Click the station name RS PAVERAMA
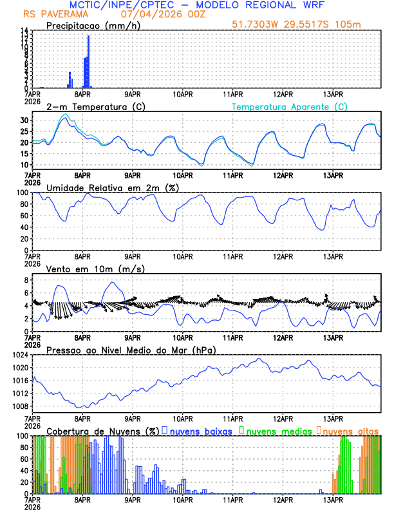[x=50, y=14]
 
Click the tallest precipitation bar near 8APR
[x=88, y=61]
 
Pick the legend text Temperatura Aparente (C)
[x=289, y=106]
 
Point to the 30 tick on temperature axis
[x=24, y=120]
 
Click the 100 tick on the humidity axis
[x=22, y=193]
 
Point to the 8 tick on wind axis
[x=26, y=280]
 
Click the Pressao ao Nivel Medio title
[x=131, y=350]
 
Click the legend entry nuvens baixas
[x=200, y=430]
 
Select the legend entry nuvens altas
[x=350, y=430]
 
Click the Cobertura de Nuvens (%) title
[x=102, y=430]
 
